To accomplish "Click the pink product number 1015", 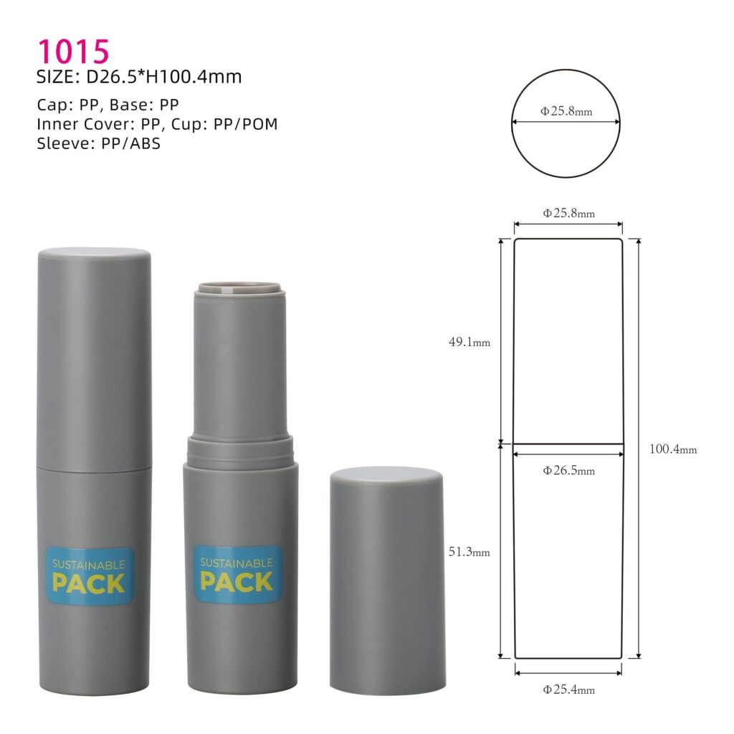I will tap(73, 52).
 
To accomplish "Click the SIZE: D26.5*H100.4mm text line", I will tap(139, 77).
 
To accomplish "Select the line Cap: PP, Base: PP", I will tap(108, 105).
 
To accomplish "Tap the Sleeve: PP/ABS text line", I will tap(98, 143).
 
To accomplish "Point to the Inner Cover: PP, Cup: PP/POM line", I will tap(157, 124).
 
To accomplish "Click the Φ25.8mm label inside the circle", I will tap(566, 111).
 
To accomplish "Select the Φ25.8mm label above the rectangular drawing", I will tap(568, 213).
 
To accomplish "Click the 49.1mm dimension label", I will tap(470, 342).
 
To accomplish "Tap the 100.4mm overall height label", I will tap(673, 449).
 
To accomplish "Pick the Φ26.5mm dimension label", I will tap(568, 471).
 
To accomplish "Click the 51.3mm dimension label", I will tap(470, 552).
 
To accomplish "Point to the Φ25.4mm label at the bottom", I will tap(568, 690).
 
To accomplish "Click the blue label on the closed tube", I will tap(90, 575).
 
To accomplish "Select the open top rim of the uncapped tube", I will tap(239, 288).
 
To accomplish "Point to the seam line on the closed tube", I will tap(94, 470).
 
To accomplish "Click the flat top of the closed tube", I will tap(94, 253).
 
